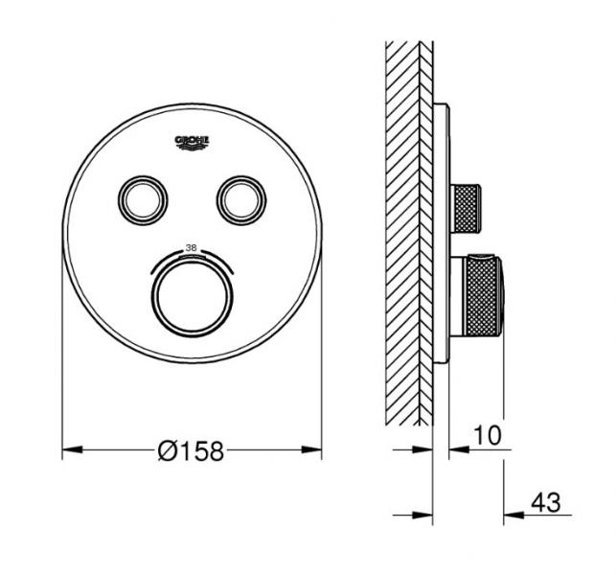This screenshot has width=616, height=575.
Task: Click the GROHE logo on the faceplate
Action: [x=192, y=143]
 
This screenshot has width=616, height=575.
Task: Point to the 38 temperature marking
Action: [x=191, y=247]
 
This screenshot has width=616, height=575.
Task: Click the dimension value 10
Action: [x=487, y=436]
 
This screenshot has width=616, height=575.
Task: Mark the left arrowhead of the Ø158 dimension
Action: [x=70, y=448]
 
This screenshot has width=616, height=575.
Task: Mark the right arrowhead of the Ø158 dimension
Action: [x=313, y=448]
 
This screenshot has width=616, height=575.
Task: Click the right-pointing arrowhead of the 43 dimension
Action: [x=416, y=515]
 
